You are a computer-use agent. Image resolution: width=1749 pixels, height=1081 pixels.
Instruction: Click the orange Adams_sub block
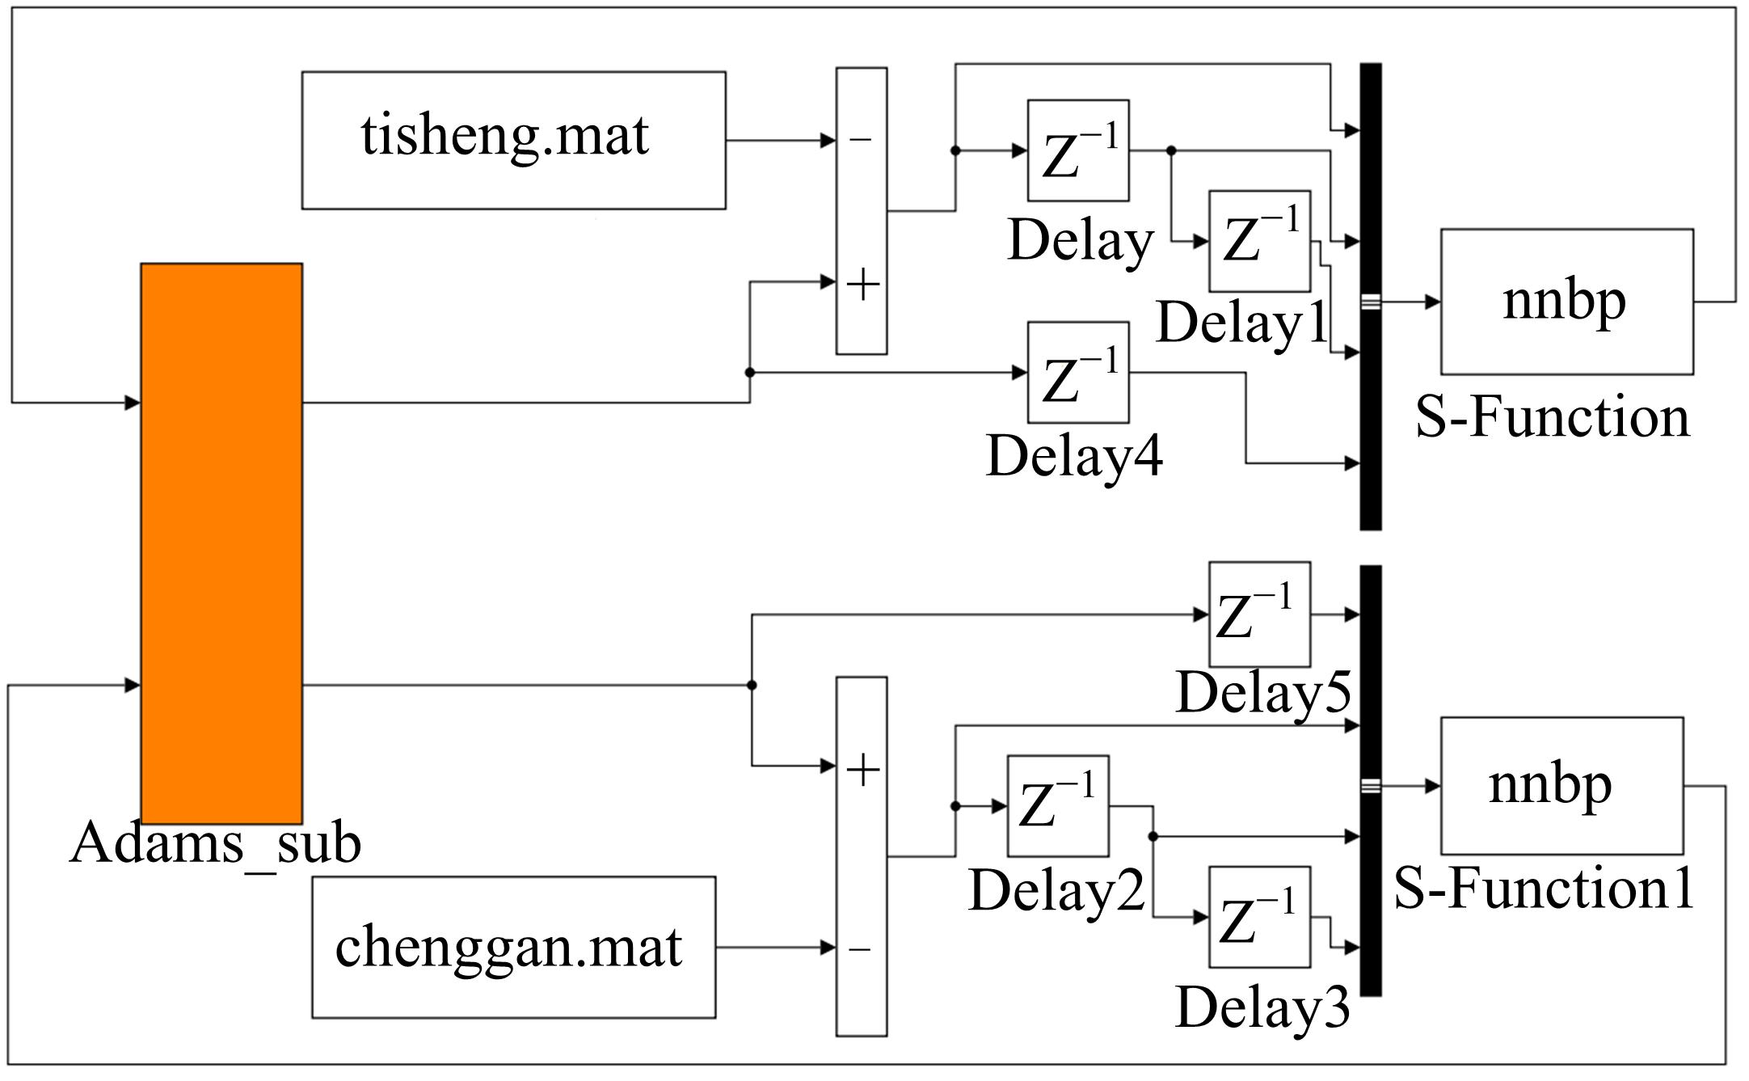click(221, 543)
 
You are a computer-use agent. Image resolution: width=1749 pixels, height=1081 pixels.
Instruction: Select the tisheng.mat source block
click(513, 140)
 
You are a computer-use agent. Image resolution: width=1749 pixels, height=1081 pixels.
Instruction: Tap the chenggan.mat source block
click(513, 947)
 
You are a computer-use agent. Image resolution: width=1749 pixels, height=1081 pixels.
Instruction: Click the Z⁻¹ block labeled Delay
click(1077, 150)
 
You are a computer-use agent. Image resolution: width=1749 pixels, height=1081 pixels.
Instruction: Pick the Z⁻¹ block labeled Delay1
click(1258, 241)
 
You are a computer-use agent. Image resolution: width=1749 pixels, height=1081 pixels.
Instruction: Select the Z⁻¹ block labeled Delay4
click(1077, 373)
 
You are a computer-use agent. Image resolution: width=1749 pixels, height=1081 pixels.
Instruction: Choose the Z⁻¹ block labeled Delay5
click(1258, 614)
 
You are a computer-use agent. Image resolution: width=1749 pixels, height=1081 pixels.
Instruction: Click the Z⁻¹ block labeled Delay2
click(1057, 806)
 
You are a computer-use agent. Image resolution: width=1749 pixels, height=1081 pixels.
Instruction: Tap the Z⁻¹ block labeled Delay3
click(1258, 917)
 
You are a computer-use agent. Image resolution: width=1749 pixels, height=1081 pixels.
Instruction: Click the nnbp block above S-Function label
click(1566, 302)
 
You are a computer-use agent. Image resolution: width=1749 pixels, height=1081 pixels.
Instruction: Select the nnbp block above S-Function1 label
click(1561, 785)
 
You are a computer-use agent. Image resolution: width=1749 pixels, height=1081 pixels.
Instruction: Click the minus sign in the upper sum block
click(861, 141)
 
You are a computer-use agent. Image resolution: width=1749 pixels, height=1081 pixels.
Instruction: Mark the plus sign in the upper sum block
click(862, 285)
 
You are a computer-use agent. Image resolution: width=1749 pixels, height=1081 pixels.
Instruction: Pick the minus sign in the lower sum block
click(860, 948)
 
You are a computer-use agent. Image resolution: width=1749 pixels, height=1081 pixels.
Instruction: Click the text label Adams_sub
click(215, 843)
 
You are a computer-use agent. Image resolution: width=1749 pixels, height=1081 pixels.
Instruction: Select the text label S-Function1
click(1543, 889)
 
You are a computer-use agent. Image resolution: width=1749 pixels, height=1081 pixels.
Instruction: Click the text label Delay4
click(1074, 456)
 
